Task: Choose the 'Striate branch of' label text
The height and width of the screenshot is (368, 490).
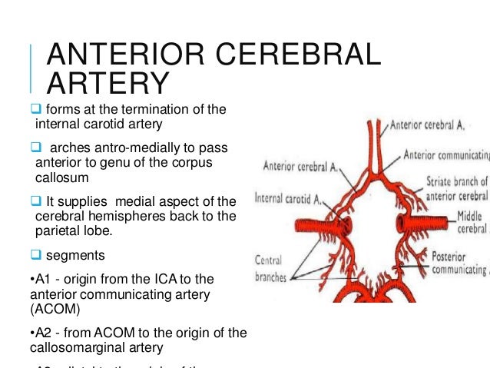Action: point(456,181)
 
